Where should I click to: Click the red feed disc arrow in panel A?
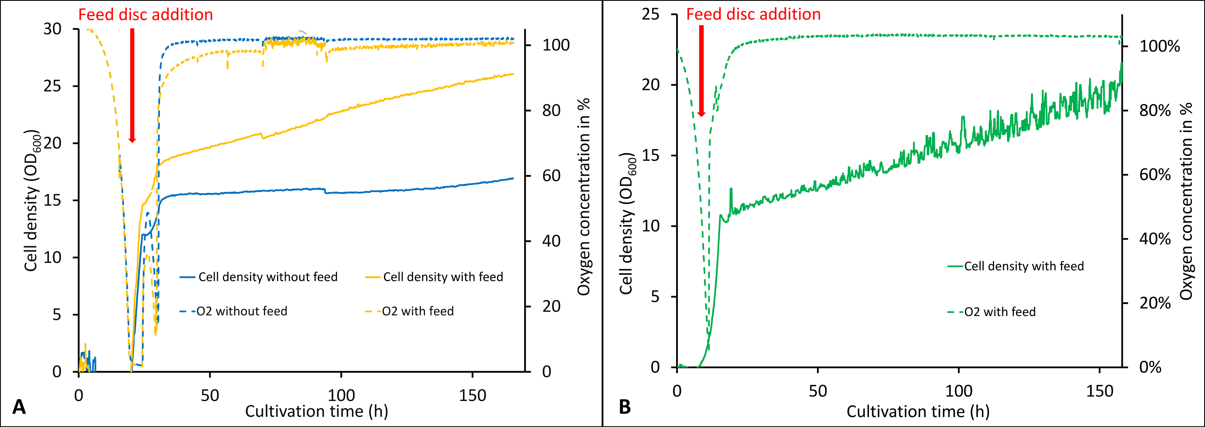coord(132,84)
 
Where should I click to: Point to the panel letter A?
coord(19,407)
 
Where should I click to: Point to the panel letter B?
coord(625,407)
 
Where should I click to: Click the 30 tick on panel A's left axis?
coord(52,29)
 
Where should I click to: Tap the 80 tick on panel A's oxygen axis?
coord(552,111)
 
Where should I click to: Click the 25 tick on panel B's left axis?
coord(651,14)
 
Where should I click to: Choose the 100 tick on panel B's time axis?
coord(959,391)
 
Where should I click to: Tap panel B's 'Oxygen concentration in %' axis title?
coord(1186,201)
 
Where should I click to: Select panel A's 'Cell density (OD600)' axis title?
coord(32,201)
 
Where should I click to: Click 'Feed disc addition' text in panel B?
coord(753,14)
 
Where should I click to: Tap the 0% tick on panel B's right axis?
coord(1150,367)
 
